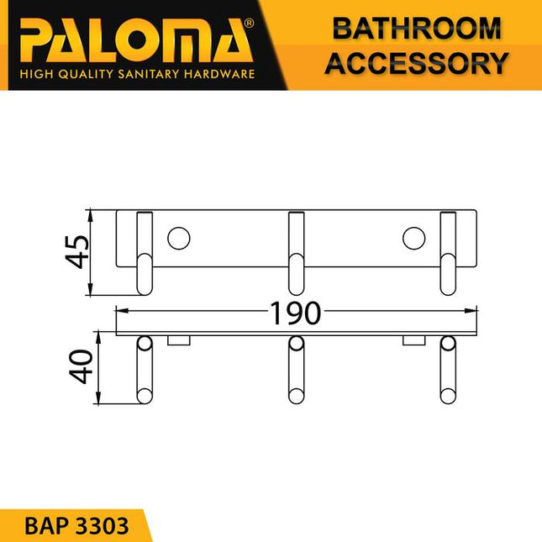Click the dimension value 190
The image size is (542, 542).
point(295,313)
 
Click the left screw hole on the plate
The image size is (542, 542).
point(178,238)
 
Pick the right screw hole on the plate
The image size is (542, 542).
point(413,238)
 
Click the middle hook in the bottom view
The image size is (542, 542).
point(296,371)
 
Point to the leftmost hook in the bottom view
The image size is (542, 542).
point(145,371)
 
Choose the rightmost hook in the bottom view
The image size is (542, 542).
point(448,371)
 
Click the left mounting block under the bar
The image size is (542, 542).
point(179,340)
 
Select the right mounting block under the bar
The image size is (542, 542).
point(413,340)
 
